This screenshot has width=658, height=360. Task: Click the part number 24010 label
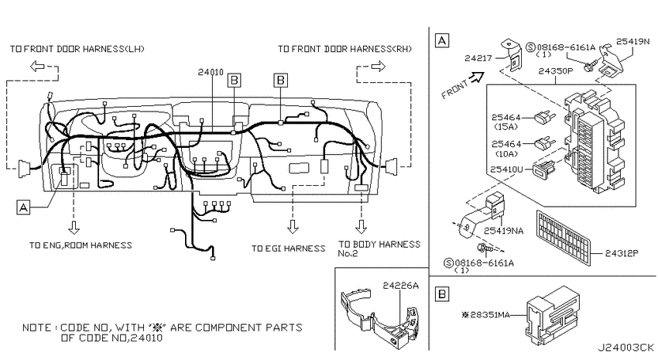pyautogui.click(x=211, y=72)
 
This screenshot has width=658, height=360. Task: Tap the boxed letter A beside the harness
pyautogui.click(x=23, y=207)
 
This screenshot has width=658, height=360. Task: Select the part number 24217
pyautogui.click(x=478, y=58)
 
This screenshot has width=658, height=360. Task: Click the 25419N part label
pyautogui.click(x=632, y=41)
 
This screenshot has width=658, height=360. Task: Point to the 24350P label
pyautogui.click(x=556, y=71)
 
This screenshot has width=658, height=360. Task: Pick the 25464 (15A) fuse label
pyautogui.click(x=506, y=122)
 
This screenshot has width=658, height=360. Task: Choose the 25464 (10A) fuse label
pyautogui.click(x=506, y=149)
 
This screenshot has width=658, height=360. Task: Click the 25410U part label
pyautogui.click(x=506, y=170)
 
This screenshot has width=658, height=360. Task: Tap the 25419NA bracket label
pyautogui.click(x=504, y=231)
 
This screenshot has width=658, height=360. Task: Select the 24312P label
pyautogui.click(x=622, y=253)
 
